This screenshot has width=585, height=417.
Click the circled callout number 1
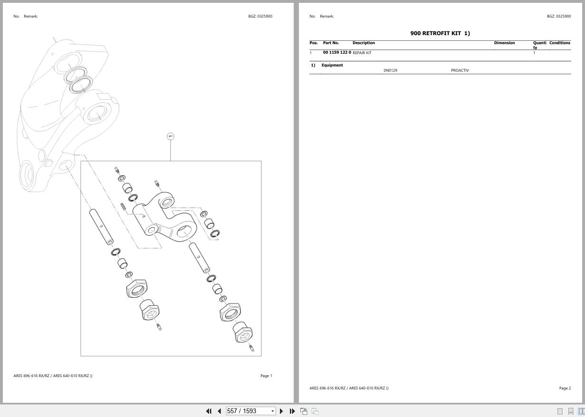(171, 136)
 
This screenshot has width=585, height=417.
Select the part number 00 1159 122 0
(337, 52)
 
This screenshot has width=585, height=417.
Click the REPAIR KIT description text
(362, 53)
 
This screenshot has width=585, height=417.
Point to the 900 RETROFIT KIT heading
(440, 33)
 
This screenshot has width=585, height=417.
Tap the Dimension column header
(504, 43)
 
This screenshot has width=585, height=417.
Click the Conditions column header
(559, 43)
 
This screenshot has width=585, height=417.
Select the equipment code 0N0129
(390, 70)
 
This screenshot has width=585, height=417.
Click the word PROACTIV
(460, 70)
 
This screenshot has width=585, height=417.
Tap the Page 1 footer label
(266, 376)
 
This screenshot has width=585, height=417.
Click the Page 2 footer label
(565, 388)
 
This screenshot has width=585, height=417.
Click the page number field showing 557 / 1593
(248, 411)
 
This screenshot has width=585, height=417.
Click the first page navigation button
(209, 411)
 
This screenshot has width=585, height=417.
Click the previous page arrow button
(219, 411)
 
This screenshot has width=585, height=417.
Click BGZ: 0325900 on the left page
(260, 16)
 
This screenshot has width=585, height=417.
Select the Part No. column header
(331, 43)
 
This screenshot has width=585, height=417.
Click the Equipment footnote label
(332, 65)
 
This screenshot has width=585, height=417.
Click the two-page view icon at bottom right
(581, 411)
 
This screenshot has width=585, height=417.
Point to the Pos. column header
(314, 43)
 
